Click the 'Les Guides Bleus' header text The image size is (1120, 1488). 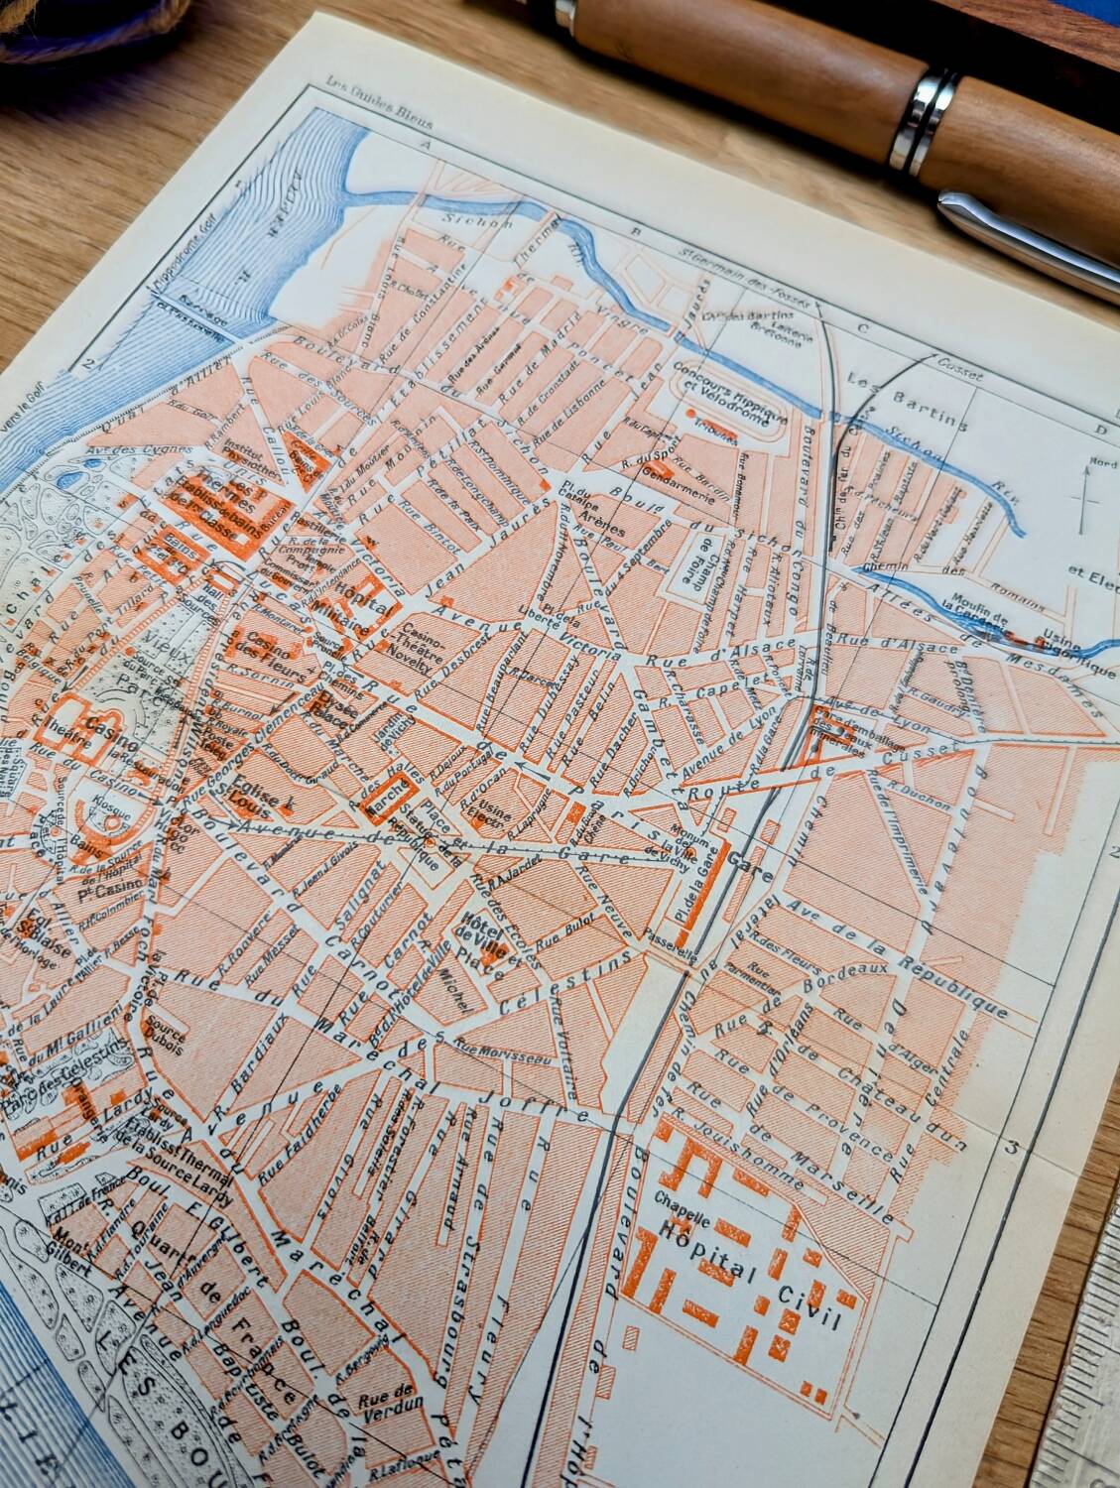(392, 95)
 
